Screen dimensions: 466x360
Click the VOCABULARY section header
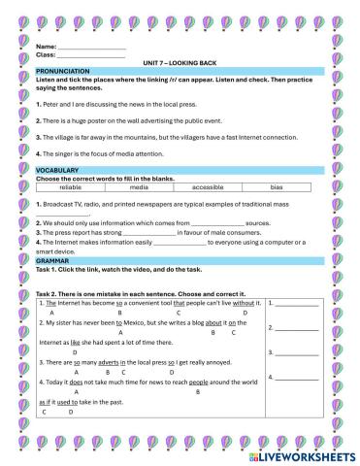56,169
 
